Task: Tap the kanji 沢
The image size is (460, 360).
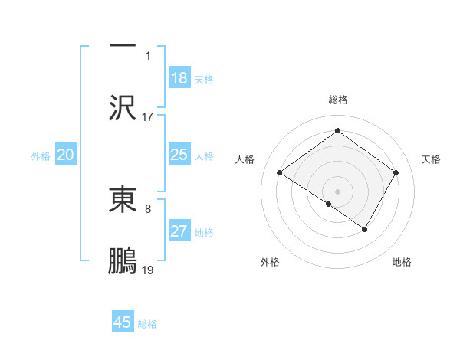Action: point(123,108)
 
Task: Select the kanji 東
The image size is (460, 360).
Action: point(123,198)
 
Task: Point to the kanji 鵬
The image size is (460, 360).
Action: point(123,260)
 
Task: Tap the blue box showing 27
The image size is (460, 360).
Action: point(179,232)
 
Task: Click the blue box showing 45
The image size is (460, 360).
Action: point(123,322)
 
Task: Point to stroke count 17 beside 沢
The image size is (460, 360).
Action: point(148,117)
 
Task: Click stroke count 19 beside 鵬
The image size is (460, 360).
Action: point(148,270)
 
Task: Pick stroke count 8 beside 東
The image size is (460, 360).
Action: point(148,207)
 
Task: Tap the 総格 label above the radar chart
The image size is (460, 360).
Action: point(337,100)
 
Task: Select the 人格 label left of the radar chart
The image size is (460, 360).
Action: point(245,159)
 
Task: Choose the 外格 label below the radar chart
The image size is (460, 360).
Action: point(270,262)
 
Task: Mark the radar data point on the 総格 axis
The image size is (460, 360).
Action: point(337,131)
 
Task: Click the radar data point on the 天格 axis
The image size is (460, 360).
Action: point(396,173)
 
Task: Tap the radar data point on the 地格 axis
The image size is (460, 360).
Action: point(365,229)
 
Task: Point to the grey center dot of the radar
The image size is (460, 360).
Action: point(337,191)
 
